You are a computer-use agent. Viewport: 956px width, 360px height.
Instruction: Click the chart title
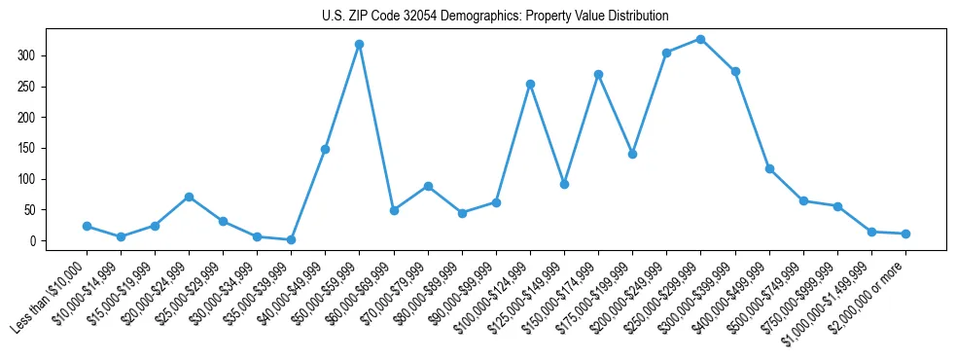[495, 17]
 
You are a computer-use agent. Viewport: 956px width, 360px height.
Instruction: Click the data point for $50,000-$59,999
[360, 45]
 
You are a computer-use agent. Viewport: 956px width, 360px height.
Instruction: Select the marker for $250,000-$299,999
[700, 40]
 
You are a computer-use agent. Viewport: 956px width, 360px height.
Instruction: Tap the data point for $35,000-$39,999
[291, 239]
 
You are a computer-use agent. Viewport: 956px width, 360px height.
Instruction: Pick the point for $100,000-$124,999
[530, 84]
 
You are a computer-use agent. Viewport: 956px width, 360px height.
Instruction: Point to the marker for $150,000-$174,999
[598, 74]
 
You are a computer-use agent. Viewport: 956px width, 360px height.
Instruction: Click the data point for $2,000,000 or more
[905, 234]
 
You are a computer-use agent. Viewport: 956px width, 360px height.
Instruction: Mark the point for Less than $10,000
[87, 226]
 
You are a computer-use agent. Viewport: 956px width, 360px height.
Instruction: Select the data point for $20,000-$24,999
[189, 197]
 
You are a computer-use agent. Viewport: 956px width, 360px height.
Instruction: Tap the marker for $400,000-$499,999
[769, 169]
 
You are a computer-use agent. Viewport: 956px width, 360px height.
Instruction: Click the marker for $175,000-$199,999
[632, 154]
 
